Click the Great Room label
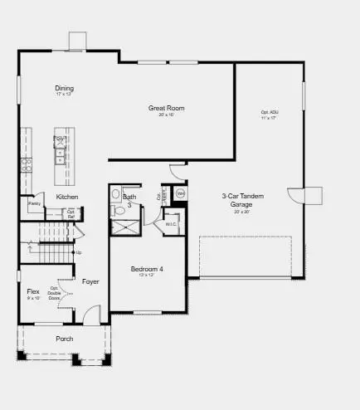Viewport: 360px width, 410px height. (x=166, y=108)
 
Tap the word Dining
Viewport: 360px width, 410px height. (x=65, y=88)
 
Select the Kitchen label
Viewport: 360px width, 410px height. (x=67, y=196)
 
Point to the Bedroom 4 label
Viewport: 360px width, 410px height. (x=148, y=269)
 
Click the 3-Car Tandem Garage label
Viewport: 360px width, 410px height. (x=242, y=200)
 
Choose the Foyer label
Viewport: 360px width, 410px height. (x=90, y=281)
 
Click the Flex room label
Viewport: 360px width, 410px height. (x=33, y=292)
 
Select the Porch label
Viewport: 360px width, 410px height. (x=64, y=339)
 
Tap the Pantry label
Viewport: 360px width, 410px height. (x=35, y=203)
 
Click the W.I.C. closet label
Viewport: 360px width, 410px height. (x=172, y=224)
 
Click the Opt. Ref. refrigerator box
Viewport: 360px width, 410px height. (x=71, y=213)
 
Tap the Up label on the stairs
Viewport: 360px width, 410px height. (x=79, y=252)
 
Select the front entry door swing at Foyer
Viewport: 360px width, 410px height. (x=91, y=315)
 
